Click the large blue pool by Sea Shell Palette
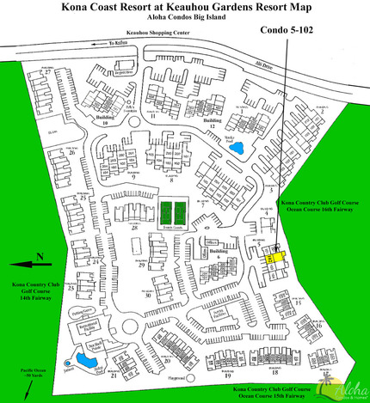(85, 357)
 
